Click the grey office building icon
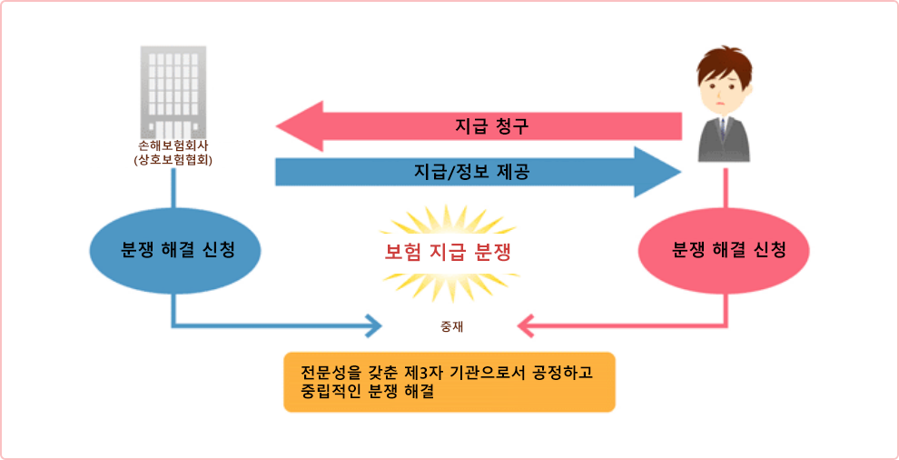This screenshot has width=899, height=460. coord(173,90)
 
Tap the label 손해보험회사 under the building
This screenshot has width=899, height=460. coord(173,147)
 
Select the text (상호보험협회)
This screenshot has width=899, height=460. coord(173,162)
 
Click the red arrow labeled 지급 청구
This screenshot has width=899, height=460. coord(479,126)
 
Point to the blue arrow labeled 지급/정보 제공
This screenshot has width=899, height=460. coord(479,172)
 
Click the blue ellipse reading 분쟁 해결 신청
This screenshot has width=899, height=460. coord(175,252)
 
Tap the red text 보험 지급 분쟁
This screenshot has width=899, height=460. coord(447,254)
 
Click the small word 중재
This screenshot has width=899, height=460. coord(450,327)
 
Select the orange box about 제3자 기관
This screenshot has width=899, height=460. coord(449,382)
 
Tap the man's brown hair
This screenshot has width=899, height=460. coord(724,65)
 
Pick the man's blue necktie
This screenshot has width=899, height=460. coord(724,128)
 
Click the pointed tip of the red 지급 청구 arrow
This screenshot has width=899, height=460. coord(277,126)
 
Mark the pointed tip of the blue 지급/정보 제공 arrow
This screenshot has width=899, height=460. coord(680,172)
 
